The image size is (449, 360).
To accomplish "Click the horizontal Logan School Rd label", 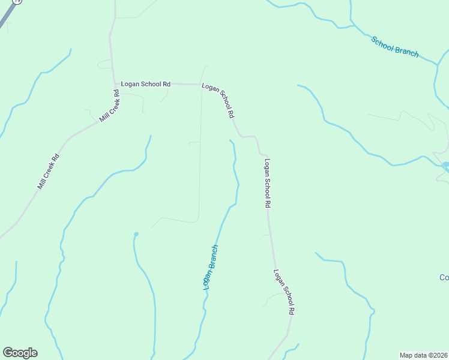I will (146, 84).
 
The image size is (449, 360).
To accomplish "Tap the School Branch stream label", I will (394, 47).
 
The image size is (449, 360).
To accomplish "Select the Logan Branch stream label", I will (210, 268).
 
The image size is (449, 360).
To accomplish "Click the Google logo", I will (20, 353).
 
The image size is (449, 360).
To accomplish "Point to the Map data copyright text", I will (424, 355).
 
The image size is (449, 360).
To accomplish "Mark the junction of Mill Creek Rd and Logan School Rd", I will (115, 84).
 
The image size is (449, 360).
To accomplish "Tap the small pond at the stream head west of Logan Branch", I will (136, 233).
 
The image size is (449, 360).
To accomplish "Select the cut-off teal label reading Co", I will (444, 277).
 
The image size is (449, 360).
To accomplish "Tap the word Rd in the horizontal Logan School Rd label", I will (166, 84).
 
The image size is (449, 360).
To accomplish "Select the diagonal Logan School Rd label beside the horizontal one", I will (218, 100).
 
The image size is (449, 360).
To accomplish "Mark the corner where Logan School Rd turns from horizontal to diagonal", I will (200, 84).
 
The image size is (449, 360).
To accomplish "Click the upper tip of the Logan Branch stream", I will (230, 140).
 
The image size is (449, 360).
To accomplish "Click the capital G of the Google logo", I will (8, 353).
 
